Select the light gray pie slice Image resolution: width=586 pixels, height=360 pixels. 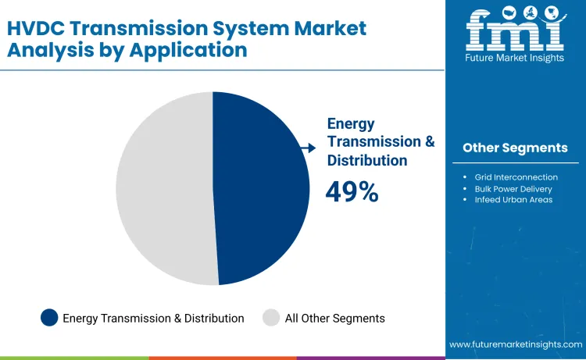[x=164, y=187]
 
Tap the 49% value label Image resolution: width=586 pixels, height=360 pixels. [x=352, y=192]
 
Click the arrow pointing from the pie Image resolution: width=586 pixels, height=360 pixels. [x=307, y=148]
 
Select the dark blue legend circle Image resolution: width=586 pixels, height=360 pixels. [x=50, y=318]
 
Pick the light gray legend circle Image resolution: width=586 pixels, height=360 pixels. [x=271, y=318]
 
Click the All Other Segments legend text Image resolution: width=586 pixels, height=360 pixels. [x=334, y=318]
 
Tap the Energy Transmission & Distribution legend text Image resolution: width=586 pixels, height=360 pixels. [x=153, y=318]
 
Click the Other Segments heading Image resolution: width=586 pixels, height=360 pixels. [x=515, y=148]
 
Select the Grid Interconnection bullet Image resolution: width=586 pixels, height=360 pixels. [x=516, y=177]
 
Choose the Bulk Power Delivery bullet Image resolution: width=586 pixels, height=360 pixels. [x=513, y=188]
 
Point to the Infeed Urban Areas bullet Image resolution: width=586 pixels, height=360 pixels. [x=513, y=200]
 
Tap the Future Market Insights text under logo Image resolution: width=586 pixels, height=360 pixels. [x=515, y=59]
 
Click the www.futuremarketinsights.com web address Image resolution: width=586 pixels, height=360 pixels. [x=516, y=344]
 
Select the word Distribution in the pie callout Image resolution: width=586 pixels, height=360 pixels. [x=367, y=160]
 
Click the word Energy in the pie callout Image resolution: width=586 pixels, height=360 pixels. [x=351, y=123]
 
